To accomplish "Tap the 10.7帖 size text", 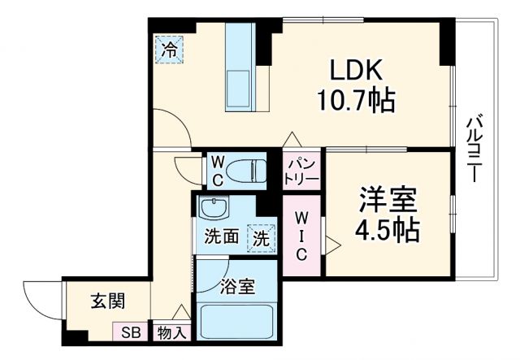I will (354, 101).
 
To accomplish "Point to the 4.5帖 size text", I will (387, 231).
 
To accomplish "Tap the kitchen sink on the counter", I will (241, 86).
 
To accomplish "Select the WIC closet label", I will (301, 236).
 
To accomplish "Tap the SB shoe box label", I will (130, 332).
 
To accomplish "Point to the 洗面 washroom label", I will (220, 238).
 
